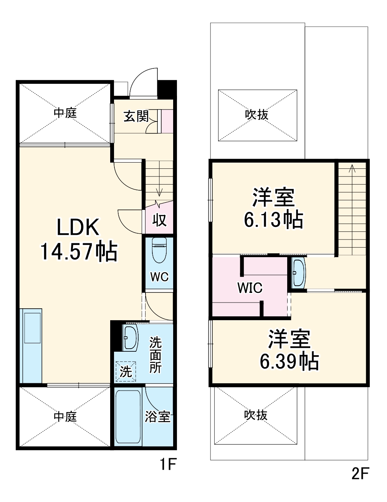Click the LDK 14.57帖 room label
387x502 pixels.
point(78,239)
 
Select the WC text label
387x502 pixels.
point(159,277)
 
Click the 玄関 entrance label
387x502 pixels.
point(136,116)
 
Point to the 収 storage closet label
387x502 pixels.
point(159,220)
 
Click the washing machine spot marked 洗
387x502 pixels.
point(126,371)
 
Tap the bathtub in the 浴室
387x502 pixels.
point(128,417)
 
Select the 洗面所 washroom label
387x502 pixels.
point(155,354)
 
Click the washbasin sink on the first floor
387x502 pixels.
point(131,338)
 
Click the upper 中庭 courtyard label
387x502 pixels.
point(65,113)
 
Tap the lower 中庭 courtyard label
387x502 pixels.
point(65,417)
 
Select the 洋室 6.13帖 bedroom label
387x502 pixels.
point(273,208)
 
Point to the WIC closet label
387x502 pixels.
point(250,288)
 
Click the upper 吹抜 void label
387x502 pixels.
point(257,115)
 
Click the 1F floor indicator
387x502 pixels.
point(168,465)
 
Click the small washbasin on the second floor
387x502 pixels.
point(298,273)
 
